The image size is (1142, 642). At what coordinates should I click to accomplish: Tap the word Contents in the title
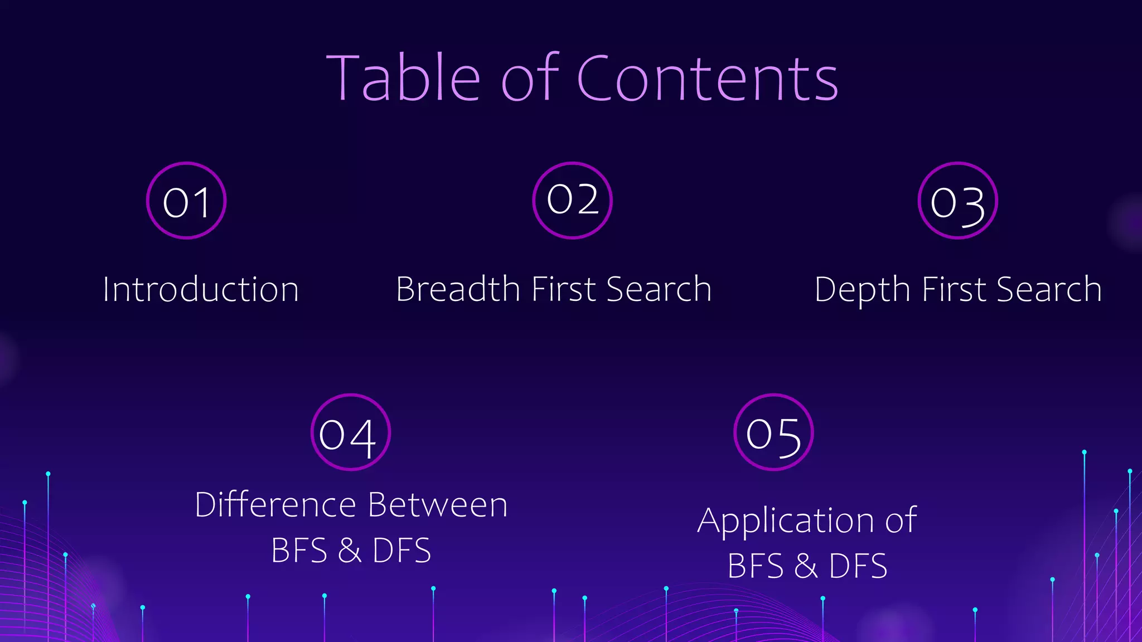point(707,79)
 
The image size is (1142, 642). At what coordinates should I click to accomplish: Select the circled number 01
point(186,201)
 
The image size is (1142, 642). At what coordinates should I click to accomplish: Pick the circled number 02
point(572,200)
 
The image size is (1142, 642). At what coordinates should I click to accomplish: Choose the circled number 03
point(957,201)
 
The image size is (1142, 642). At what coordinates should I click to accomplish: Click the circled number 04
point(350,433)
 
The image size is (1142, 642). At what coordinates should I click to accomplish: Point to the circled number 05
point(773,433)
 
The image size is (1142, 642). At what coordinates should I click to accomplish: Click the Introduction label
point(201,290)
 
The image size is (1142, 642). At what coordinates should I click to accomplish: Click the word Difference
point(275,505)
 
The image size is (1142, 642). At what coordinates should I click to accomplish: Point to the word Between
point(438,505)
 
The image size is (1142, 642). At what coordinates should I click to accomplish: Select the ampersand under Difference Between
point(350,551)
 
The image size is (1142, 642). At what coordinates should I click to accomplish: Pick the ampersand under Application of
point(806,566)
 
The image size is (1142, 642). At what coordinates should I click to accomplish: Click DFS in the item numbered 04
point(401,551)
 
